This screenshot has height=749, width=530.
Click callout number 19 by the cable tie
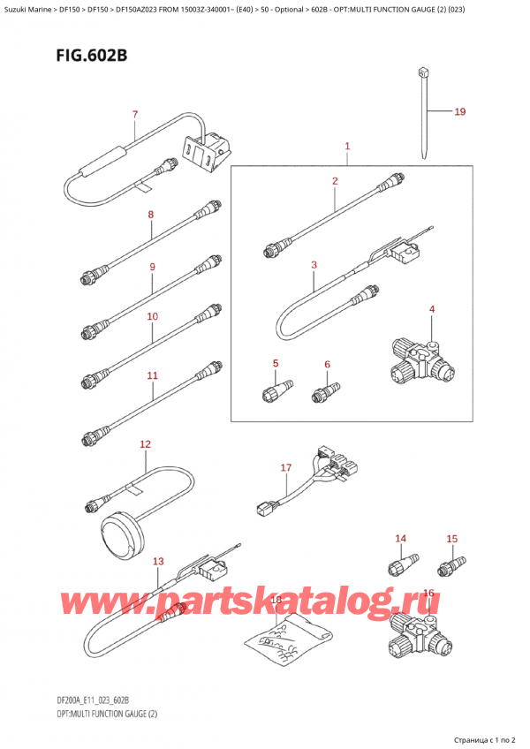[459, 112]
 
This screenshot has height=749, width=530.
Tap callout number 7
[134, 114]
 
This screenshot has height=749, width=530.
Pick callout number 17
[285, 467]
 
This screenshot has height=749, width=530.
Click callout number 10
[152, 316]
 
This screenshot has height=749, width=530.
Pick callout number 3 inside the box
[314, 264]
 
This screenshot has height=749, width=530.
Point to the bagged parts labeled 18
[292, 638]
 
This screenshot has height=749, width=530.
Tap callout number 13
[158, 562]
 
